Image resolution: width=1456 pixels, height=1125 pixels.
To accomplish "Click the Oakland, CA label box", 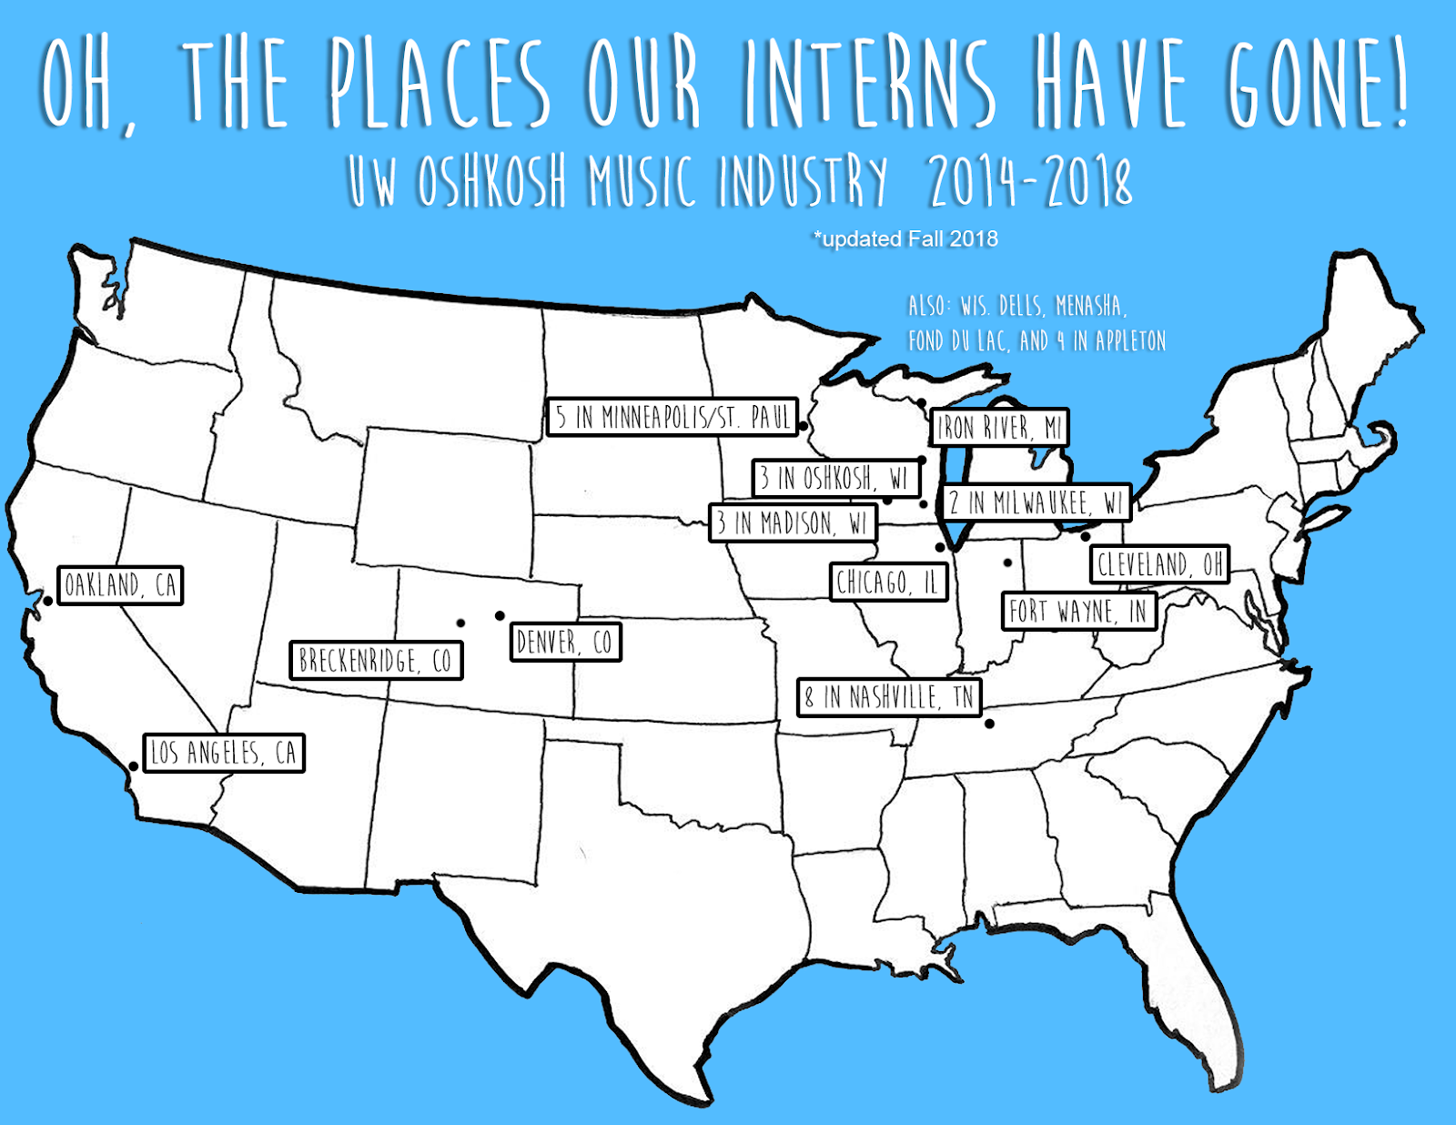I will point(120,585).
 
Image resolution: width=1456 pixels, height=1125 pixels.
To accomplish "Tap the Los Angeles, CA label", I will point(224,753).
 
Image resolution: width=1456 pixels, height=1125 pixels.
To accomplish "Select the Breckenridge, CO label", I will point(376,661).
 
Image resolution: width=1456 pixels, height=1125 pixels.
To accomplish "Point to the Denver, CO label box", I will point(565,643).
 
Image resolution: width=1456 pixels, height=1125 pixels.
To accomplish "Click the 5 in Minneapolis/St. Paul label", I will point(672,418).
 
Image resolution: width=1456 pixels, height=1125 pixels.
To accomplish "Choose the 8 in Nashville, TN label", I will point(889,698).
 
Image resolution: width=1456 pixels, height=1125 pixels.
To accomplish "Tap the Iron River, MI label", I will point(999,428).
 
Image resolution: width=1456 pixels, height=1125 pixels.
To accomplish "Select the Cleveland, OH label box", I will point(1159,564).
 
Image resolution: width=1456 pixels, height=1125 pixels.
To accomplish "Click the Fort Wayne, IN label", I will point(1078,612).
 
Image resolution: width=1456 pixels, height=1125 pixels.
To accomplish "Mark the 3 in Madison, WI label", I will point(792,523).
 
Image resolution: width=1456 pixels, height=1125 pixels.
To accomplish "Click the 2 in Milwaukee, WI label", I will point(1036,502).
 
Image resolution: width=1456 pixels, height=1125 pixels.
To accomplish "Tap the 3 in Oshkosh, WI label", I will point(835,478).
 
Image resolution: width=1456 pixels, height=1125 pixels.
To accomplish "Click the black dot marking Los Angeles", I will point(134,766).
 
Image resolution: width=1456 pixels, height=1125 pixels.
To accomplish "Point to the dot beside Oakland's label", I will point(47,601).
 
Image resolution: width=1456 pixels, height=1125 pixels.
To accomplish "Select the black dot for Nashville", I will point(989,725).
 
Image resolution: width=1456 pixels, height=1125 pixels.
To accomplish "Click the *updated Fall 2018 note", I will point(905,239).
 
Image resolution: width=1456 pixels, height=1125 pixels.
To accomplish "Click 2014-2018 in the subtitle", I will point(1030,181).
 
